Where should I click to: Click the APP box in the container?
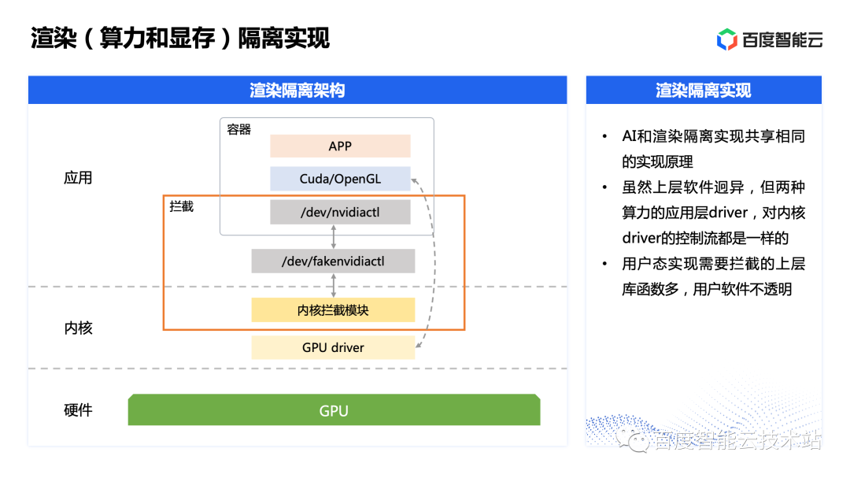click(x=340, y=146)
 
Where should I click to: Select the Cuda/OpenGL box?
click(x=340, y=179)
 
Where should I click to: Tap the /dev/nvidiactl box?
click(x=340, y=212)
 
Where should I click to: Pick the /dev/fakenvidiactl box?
click(x=333, y=261)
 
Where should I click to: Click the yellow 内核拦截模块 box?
click(x=333, y=309)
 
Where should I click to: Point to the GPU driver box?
click(x=333, y=347)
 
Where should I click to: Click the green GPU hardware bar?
click(x=334, y=409)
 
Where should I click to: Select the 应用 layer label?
click(x=78, y=178)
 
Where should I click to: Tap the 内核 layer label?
click(x=78, y=328)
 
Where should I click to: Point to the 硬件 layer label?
click(x=78, y=410)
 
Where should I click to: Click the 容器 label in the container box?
click(x=238, y=130)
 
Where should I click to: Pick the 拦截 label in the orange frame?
click(x=181, y=207)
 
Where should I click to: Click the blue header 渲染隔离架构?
click(x=297, y=90)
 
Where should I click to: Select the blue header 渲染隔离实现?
click(x=704, y=90)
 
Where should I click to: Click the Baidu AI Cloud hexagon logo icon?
click(x=727, y=39)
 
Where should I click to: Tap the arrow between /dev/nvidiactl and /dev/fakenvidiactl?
click(x=334, y=236)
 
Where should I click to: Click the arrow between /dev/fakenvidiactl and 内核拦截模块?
click(x=334, y=285)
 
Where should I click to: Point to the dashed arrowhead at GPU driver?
click(x=419, y=344)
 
